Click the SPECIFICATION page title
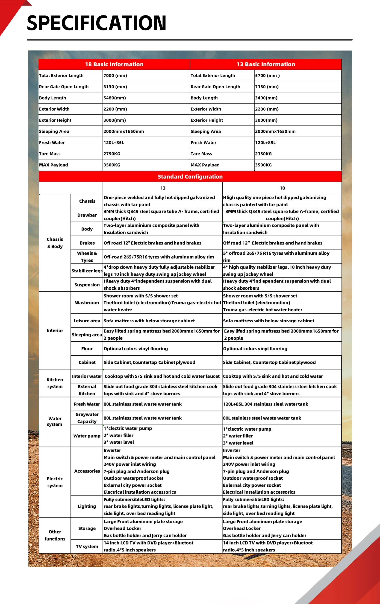(x=97, y=23)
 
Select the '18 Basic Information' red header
(x=114, y=64)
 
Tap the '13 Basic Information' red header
(x=266, y=64)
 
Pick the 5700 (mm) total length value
(x=267, y=76)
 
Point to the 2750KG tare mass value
(x=112, y=154)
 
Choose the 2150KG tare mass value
(x=264, y=154)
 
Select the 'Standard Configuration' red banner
(x=190, y=177)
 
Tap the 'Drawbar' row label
(x=87, y=215)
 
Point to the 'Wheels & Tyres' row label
(x=87, y=257)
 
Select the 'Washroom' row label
(x=87, y=303)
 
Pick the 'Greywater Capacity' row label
(x=87, y=418)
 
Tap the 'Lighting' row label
(x=87, y=506)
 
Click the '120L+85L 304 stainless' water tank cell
(x=265, y=404)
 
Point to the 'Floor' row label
(x=87, y=349)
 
